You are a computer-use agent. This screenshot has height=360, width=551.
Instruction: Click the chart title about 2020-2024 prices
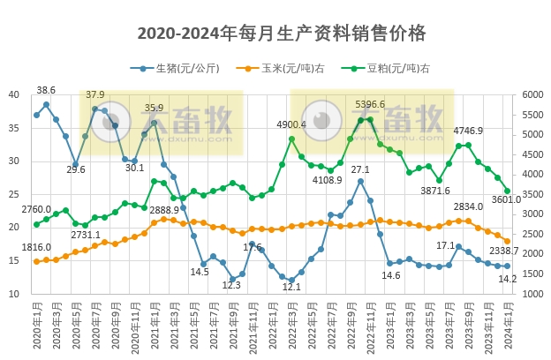[x=283, y=34]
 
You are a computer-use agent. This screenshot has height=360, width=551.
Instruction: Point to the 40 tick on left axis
[x=14, y=95]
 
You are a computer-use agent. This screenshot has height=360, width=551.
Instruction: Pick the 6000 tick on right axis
[x=533, y=95]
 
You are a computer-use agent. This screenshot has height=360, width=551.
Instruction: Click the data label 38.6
[x=46, y=90]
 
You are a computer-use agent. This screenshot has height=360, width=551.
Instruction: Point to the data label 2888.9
[x=164, y=210]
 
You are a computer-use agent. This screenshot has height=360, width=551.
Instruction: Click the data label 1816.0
[x=36, y=248]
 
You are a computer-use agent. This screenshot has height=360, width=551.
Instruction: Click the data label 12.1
[x=292, y=287]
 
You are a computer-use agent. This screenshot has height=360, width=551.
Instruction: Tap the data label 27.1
[x=360, y=169]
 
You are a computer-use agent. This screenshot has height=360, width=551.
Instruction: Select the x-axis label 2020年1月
[x=37, y=327]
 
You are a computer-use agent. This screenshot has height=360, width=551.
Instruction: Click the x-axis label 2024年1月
[x=507, y=327]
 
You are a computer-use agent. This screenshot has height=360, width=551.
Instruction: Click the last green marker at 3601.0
[x=507, y=191]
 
